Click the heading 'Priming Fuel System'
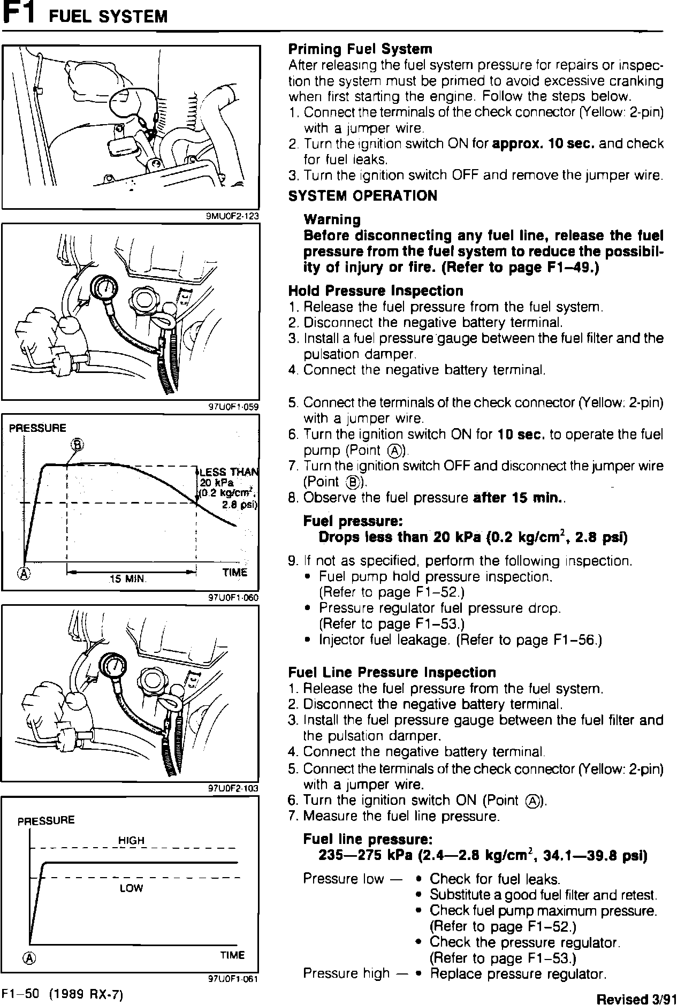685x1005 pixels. [x=360, y=49]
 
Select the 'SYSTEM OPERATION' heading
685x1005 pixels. [x=363, y=196]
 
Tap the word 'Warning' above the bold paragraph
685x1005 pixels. [x=332, y=220]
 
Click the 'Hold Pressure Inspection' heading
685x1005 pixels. [x=376, y=291]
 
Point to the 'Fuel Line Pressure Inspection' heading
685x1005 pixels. [x=392, y=672]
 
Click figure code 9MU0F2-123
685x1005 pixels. [x=232, y=217]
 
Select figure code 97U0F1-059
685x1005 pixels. [x=233, y=407]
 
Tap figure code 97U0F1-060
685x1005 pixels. [x=233, y=598]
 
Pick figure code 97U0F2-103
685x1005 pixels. [x=233, y=789]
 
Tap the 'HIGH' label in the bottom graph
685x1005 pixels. [x=131, y=841]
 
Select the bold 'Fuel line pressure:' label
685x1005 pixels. [x=368, y=839]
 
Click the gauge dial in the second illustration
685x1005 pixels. [x=107, y=289]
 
